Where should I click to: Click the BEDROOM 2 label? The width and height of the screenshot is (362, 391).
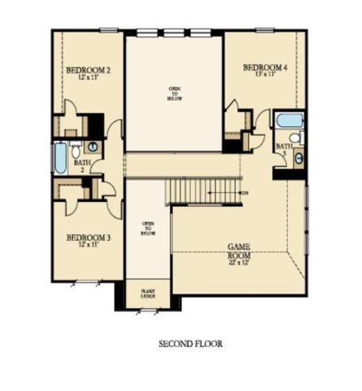88,70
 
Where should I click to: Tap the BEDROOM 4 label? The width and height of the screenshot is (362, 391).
264,67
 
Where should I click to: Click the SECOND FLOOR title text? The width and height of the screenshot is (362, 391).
190,344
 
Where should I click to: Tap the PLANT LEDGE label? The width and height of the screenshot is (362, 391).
149,292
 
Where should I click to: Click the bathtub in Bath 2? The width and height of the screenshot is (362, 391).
60,157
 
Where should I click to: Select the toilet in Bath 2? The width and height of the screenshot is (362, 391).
75,150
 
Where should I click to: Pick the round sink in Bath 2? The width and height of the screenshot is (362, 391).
92,147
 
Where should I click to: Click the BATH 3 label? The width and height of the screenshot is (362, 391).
282,149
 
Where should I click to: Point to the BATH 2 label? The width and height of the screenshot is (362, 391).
81,165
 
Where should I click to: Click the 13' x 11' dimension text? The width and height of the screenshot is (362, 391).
264,75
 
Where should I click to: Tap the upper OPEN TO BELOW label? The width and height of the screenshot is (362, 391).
175,93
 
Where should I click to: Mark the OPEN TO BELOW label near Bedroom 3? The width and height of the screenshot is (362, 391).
148,227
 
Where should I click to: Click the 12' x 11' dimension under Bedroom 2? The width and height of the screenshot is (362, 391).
88,78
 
